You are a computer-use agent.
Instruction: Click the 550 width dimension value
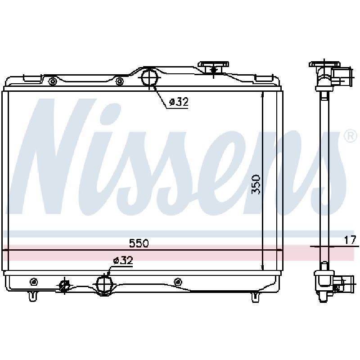pyautogui.click(x=139, y=243)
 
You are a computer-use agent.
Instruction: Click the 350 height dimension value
pyautogui.click(x=256, y=184)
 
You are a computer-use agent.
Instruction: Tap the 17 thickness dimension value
pyautogui.click(x=350, y=240)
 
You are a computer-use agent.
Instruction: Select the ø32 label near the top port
pyautogui.click(x=179, y=102)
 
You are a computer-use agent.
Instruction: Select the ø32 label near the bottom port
pyautogui.click(x=123, y=261)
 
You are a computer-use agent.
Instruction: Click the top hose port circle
pyautogui.click(x=149, y=77)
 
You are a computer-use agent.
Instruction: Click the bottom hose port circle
pyautogui.click(x=104, y=284)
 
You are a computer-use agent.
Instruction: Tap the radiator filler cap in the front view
pyautogui.click(x=214, y=67)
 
